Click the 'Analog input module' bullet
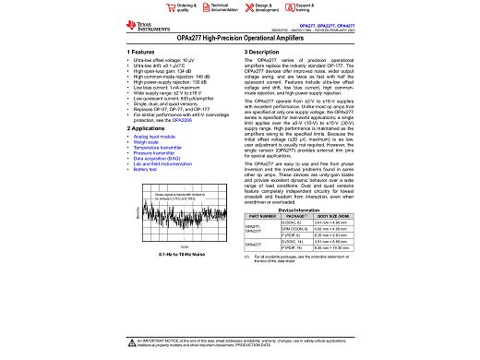pyautogui.click(x=160, y=137)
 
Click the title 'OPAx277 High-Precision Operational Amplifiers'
pyautogui.click(x=240, y=41)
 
